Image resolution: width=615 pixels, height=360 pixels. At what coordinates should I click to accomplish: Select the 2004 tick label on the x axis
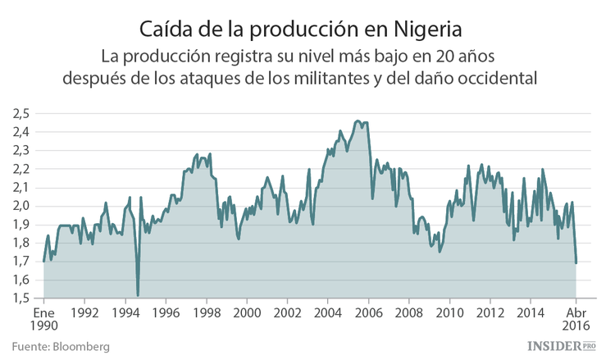pos(328,313)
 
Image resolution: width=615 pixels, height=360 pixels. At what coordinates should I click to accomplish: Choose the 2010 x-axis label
pos(449,313)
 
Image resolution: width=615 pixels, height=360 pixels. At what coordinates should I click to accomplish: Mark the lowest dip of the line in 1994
pos(138,295)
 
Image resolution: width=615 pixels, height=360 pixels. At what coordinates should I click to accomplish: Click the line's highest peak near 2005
pos(358,121)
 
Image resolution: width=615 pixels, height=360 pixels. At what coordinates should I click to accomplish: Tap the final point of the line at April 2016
pos(576,262)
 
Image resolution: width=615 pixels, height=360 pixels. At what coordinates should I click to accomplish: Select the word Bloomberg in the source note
pos(80,347)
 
